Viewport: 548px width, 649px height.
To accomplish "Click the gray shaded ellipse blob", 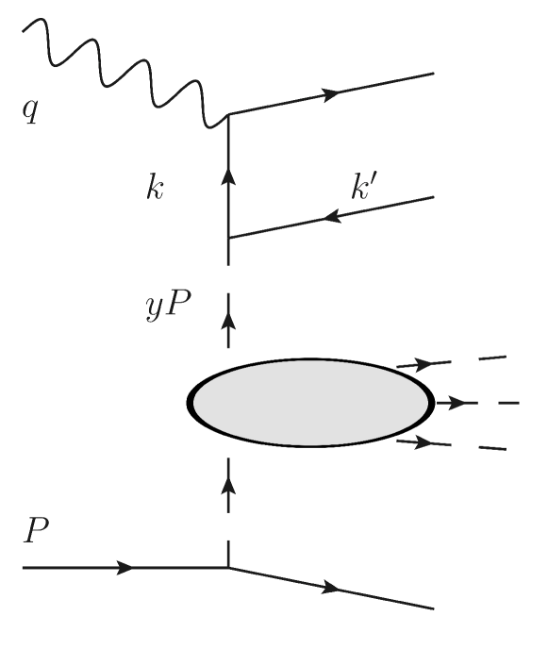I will click(310, 403).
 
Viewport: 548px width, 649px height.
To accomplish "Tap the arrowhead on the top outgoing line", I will click(331, 94).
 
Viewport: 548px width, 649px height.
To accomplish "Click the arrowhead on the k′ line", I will click(331, 217).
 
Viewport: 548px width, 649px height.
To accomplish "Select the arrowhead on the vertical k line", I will click(228, 176).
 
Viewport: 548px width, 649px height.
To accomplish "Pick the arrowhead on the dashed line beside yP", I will click(228, 322).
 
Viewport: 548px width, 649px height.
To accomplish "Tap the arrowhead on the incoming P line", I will click(125, 568).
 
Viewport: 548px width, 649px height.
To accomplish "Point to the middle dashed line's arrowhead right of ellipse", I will click(459, 403).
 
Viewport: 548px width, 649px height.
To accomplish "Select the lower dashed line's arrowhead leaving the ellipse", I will click(421, 441).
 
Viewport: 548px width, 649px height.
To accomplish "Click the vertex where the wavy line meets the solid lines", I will click(228, 116).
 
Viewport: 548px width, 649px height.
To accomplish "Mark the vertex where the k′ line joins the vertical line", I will click(228, 239).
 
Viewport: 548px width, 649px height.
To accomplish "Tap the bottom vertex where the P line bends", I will click(228, 568).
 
